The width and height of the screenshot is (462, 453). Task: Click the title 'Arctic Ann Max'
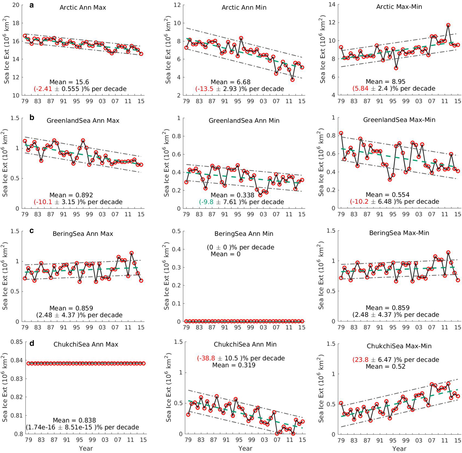[x=83, y=8]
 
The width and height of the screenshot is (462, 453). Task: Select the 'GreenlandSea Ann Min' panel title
[x=244, y=121]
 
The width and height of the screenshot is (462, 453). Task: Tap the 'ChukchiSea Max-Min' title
[x=399, y=346]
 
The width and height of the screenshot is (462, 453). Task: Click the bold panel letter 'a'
[x=32, y=5]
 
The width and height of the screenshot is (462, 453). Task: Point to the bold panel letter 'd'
[x=32, y=343]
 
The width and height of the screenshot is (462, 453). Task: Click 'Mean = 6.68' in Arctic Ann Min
[x=230, y=82]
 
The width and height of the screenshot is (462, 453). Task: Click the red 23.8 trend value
[x=361, y=360]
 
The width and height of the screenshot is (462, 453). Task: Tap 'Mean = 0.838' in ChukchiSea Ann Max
[x=74, y=420]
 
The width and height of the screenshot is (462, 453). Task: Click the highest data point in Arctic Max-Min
[x=448, y=25]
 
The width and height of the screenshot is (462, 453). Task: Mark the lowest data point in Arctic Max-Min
[x=396, y=68]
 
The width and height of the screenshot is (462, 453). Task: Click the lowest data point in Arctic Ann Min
[x=292, y=80]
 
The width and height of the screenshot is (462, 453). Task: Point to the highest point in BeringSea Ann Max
[x=131, y=253]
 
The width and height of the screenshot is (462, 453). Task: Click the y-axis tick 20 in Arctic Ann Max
[x=16, y=5]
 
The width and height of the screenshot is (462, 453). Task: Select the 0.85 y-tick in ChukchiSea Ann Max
[x=16, y=342]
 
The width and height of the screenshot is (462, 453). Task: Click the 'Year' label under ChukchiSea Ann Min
[x=245, y=449]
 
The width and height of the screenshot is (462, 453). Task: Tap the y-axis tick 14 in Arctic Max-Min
[x=332, y=5]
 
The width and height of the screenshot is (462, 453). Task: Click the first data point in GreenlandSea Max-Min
[x=341, y=133]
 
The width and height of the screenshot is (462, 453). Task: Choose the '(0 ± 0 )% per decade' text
[x=240, y=247]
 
